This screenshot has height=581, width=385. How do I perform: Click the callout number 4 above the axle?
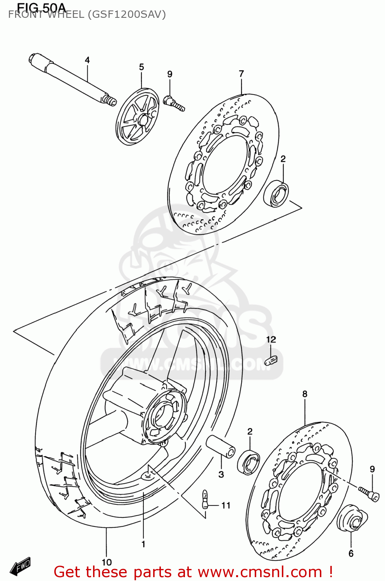click(87, 60)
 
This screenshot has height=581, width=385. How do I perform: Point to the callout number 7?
click(241, 74)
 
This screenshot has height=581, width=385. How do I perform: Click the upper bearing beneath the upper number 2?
click(276, 193)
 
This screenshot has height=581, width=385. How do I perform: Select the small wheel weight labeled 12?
click(271, 361)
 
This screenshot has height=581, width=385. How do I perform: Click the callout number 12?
click(271, 340)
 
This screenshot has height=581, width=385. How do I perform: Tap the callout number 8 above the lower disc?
click(305, 394)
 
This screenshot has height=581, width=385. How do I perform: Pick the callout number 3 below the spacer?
click(221, 474)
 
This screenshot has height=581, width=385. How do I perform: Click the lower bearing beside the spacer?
click(249, 462)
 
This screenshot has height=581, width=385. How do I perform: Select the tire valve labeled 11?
click(205, 499)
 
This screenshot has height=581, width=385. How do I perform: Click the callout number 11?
click(226, 505)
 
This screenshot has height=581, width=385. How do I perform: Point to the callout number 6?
click(351, 553)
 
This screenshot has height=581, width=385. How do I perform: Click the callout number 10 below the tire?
click(107, 562)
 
